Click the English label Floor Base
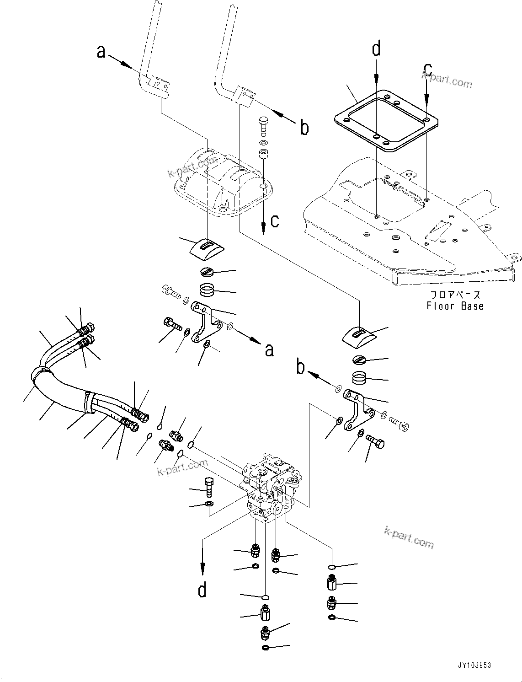[455, 306]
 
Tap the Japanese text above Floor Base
[455, 295]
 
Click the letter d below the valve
[202, 590]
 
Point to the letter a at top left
[101, 52]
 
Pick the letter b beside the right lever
[304, 128]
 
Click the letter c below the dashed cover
[274, 221]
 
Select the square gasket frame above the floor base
[386, 120]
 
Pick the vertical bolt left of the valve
[208, 488]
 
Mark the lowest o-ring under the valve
[265, 647]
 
